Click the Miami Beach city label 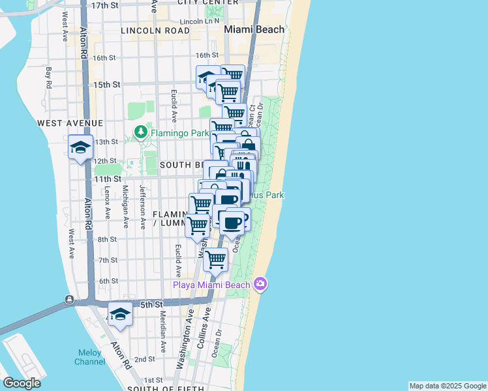254,29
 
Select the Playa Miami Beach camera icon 260,283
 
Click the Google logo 22,383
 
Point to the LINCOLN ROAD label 155,31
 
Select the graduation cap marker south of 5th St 120,314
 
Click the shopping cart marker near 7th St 215,259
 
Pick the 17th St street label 106,5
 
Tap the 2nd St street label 144,358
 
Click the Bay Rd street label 48,76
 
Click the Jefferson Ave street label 143,206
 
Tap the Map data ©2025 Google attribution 448,386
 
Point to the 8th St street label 108,239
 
